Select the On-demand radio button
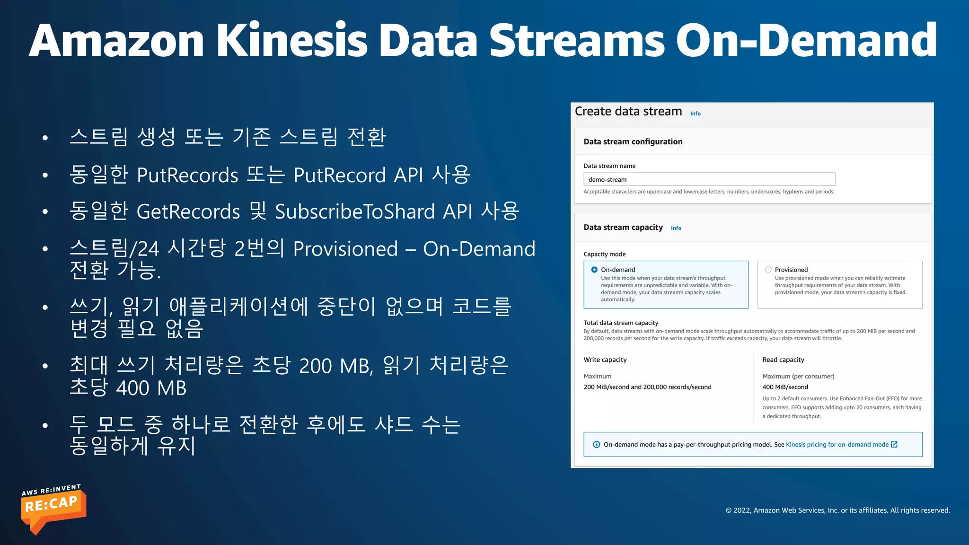(594, 270)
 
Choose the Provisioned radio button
(768, 270)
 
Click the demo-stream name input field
(709, 179)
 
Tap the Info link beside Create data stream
(695, 114)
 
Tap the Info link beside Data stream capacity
(676, 228)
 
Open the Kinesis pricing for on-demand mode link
(837, 444)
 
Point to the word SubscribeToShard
(355, 211)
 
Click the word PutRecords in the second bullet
(187, 176)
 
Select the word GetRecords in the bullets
(188, 211)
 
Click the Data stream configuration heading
(633, 141)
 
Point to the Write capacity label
(605, 360)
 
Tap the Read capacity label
(783, 360)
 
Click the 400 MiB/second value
(785, 387)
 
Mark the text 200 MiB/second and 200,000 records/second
(647, 387)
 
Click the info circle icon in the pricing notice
(596, 444)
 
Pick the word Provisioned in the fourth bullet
(345, 249)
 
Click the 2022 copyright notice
(837, 510)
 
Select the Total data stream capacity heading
(621, 323)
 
